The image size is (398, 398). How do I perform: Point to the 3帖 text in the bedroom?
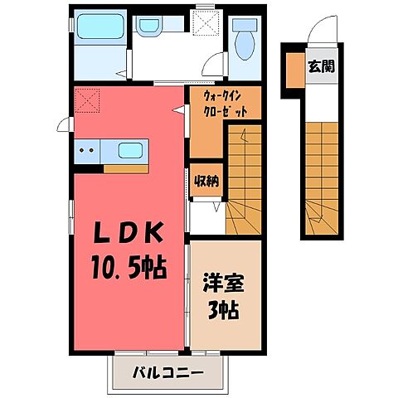[224, 311]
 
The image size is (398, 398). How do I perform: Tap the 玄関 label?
[322, 66]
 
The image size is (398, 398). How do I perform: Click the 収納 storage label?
[206, 182]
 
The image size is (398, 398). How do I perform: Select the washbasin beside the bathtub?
[150, 26]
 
